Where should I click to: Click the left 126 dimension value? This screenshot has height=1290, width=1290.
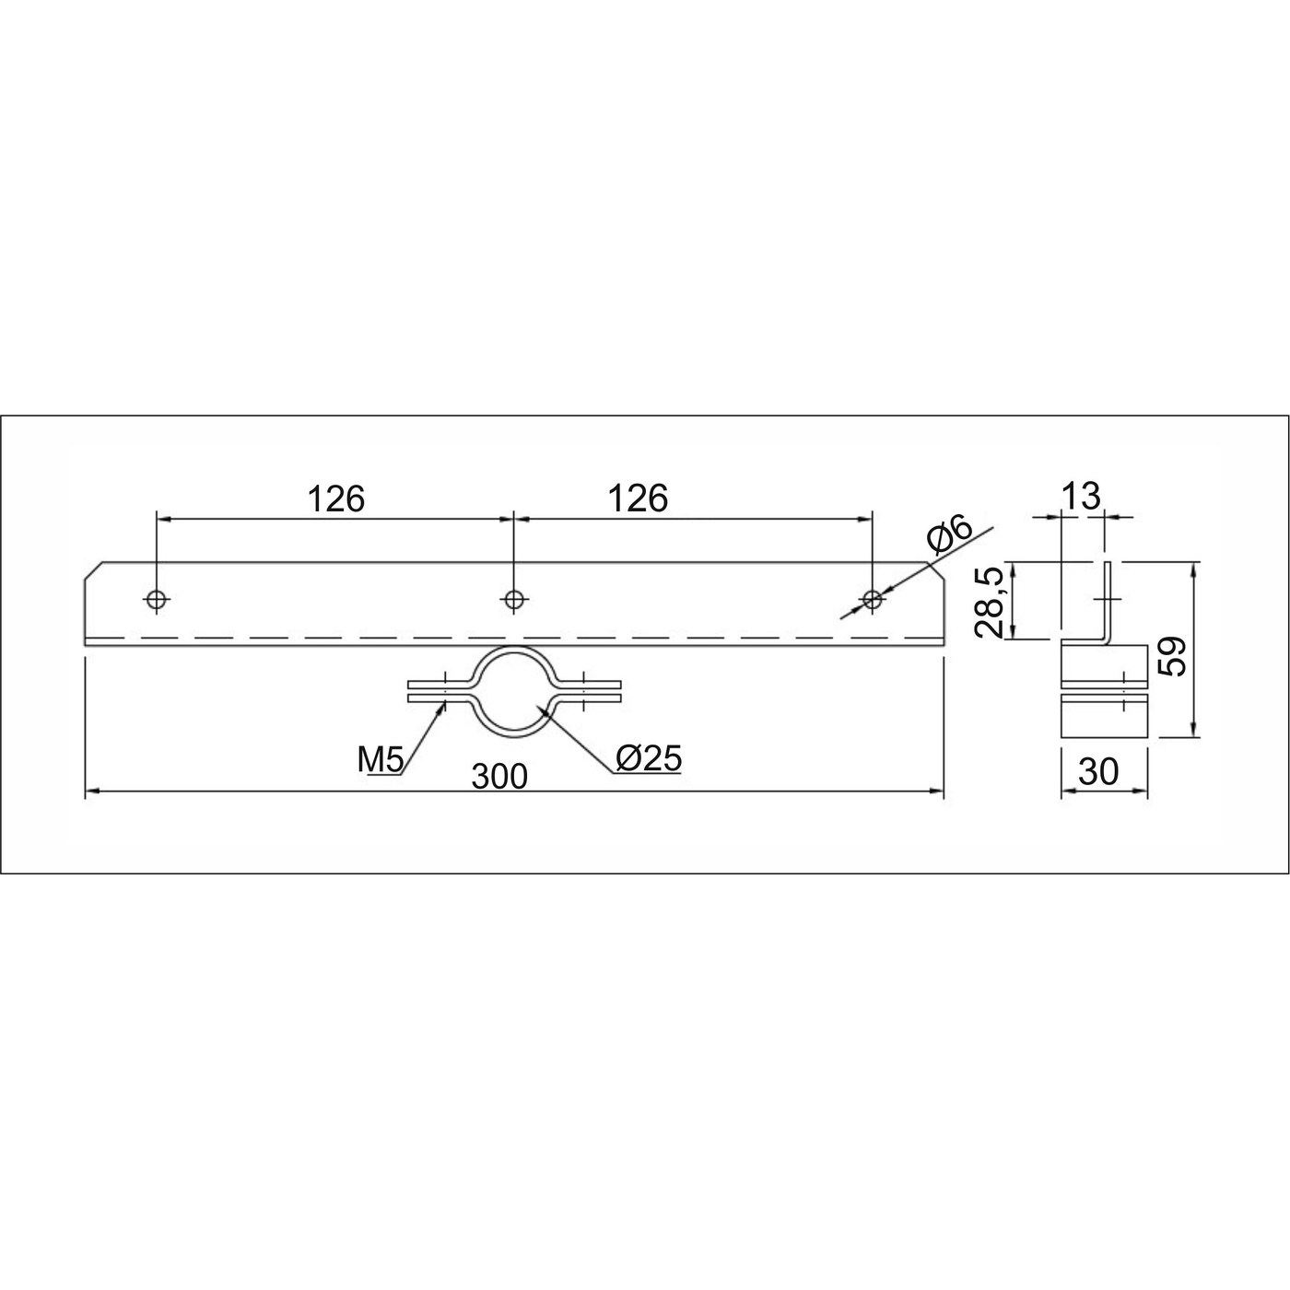(336, 499)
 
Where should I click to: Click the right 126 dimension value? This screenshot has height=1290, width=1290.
(638, 499)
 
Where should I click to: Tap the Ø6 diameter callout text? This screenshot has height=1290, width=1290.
(948, 534)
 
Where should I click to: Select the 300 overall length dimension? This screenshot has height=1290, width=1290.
(499, 777)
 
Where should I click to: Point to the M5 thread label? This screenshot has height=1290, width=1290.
(381, 760)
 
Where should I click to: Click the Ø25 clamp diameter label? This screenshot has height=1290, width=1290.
(649, 758)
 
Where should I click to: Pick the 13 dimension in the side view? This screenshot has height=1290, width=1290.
(1081, 496)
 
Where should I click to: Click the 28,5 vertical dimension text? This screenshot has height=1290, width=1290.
(989, 602)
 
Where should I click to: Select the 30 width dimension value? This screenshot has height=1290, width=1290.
(1098, 772)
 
